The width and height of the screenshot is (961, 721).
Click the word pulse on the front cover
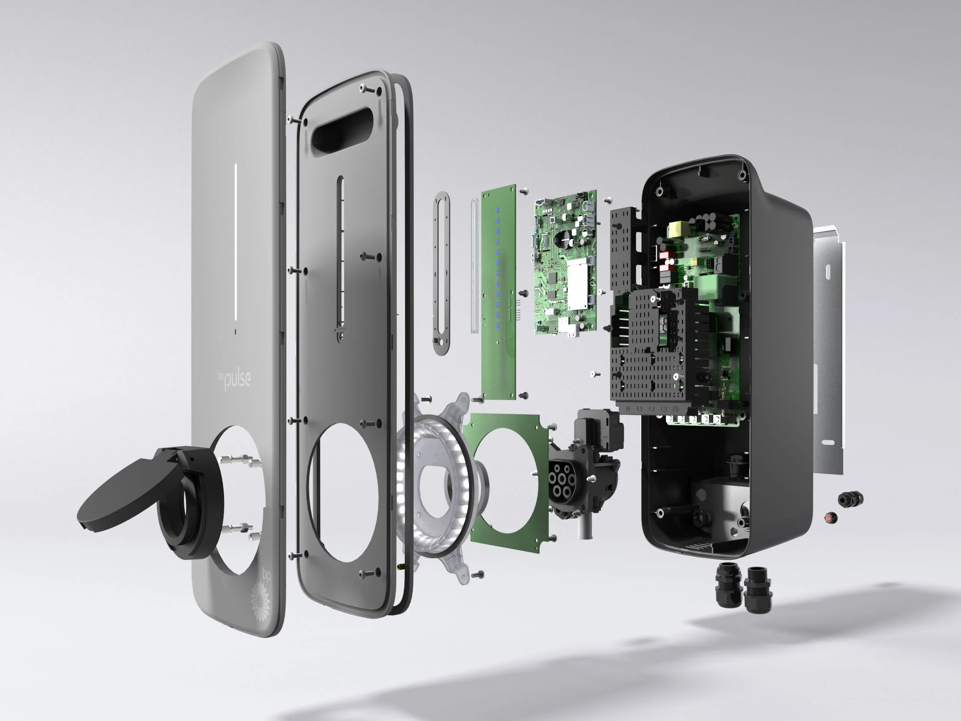tap(237, 380)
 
